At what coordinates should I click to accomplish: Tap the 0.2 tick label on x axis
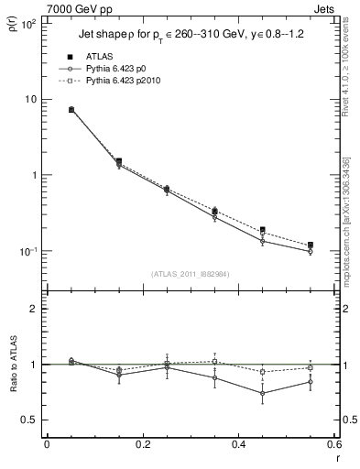click(x=142, y=444)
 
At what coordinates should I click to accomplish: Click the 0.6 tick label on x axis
click(x=333, y=444)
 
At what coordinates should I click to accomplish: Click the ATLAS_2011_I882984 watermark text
click(x=190, y=273)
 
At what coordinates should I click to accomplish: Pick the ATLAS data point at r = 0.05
click(x=71, y=110)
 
